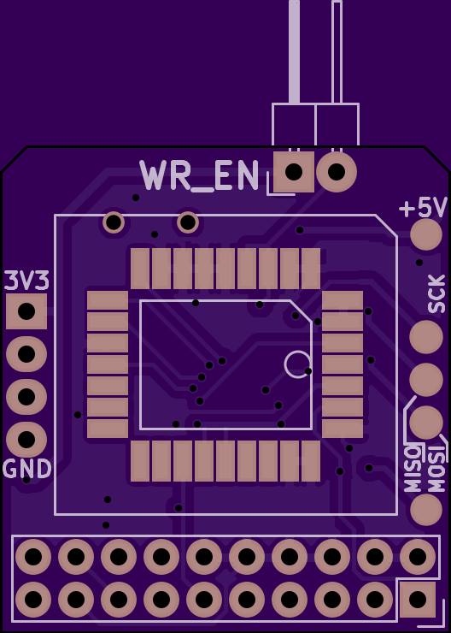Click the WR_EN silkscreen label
200,176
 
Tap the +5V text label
423,208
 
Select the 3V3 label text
27,281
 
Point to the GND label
27,469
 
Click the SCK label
436,294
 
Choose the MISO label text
413,468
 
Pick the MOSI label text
436,468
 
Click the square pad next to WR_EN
294,172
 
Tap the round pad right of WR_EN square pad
337,172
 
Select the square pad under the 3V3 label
26,311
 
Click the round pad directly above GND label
26,440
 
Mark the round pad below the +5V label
426,234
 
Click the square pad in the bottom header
418,600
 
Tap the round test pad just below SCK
426,337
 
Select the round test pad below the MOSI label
426,509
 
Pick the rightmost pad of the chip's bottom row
311,461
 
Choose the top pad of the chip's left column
108,301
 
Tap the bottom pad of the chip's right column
343,429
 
